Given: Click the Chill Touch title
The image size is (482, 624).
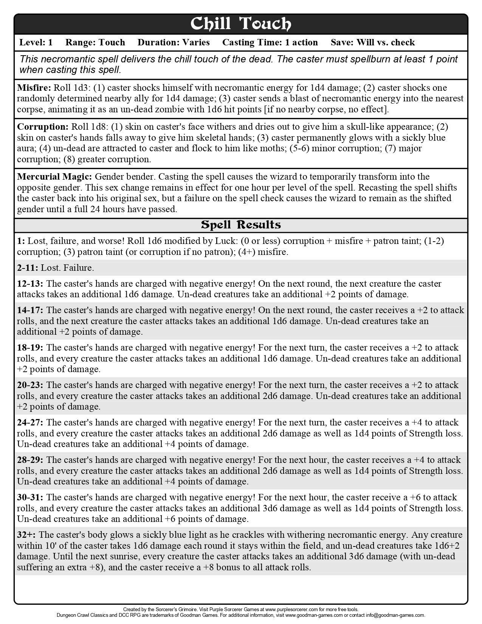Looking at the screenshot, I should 241,24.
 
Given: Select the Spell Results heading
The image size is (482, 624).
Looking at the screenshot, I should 241,225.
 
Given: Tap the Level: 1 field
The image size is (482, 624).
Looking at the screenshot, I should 36,42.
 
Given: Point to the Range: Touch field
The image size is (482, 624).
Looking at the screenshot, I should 95,42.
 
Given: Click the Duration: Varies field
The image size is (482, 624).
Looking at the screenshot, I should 174,42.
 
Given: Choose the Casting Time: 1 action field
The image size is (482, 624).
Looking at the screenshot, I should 270,42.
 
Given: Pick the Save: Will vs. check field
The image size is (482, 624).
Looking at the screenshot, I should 373,42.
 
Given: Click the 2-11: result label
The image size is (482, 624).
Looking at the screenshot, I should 28,268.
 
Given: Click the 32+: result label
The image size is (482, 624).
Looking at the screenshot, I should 26,535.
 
